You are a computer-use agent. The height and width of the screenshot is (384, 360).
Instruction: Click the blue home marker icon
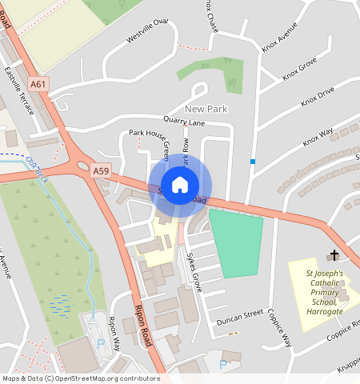pyautogui.click(x=180, y=185)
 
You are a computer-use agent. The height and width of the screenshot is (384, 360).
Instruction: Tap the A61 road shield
pyautogui.click(x=37, y=83)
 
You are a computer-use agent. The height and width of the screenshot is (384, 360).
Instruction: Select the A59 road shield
pyautogui.click(x=100, y=170)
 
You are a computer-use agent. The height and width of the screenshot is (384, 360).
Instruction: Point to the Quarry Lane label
pyautogui.click(x=185, y=122)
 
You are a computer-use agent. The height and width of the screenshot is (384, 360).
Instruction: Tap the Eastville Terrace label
pyautogui.click(x=19, y=90)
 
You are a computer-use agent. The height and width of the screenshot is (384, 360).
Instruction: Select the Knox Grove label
pyautogui.click(x=299, y=70)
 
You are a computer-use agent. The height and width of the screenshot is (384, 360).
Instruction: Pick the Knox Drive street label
pyautogui.click(x=318, y=98)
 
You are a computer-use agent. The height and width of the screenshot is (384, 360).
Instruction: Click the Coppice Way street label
pyautogui.click(x=282, y=327)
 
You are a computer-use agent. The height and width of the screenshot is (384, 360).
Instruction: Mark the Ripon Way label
pyautogui.click(x=114, y=332)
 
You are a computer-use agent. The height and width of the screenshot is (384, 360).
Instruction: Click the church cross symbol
pyautogui.click(x=333, y=256)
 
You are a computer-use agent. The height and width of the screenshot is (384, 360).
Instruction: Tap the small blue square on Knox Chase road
pyautogui.click(x=253, y=162)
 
